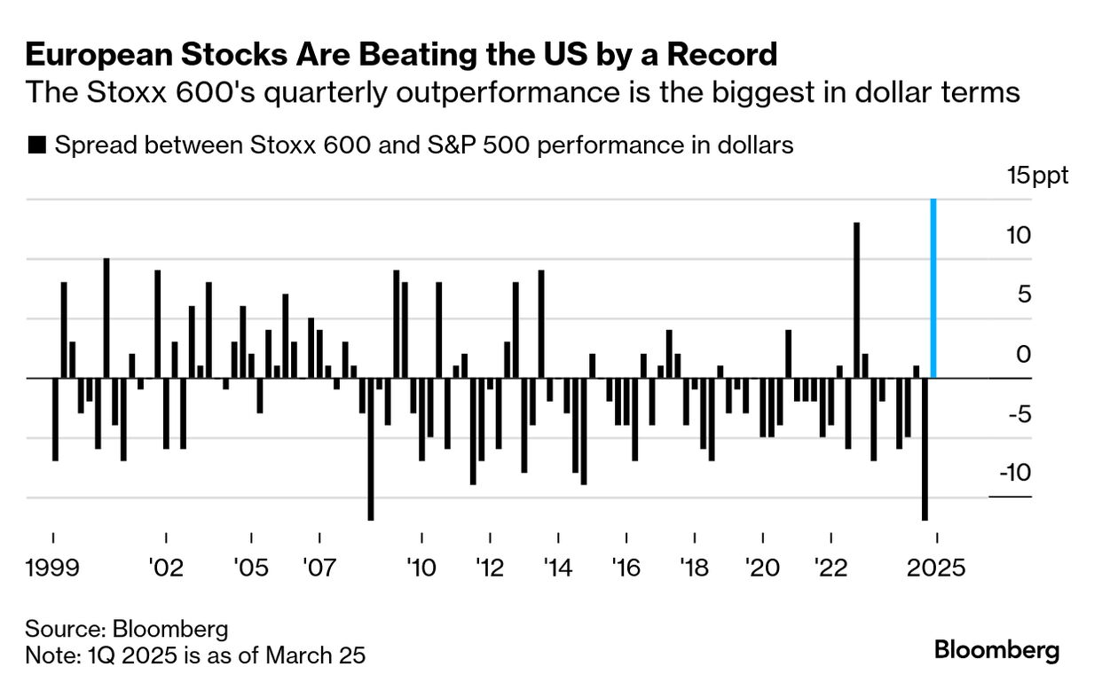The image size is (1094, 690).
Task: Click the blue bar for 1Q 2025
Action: click(x=933, y=289)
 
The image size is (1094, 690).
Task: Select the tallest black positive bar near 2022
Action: click(x=856, y=300)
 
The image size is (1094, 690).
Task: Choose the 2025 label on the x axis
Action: click(x=936, y=568)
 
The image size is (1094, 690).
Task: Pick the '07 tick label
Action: click(x=318, y=568)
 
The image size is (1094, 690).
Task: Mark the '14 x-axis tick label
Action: click(x=558, y=568)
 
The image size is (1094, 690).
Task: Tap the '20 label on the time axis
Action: click(x=762, y=568)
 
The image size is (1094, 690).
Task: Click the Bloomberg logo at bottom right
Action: click(x=996, y=650)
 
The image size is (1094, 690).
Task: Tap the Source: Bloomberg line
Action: click(x=127, y=630)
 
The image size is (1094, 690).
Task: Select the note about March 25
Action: click(x=195, y=655)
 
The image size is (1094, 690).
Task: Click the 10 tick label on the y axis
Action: click(x=1020, y=236)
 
